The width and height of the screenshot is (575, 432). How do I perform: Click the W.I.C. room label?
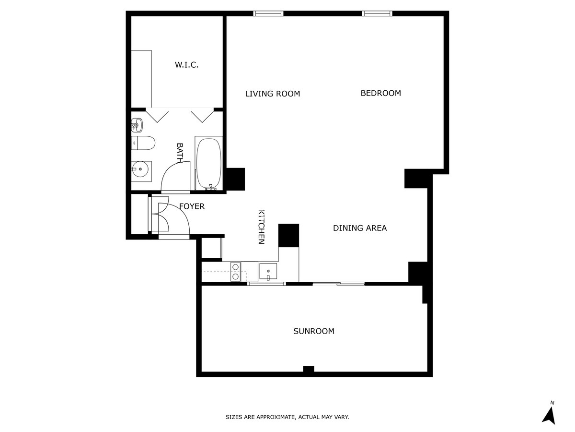pos(186,65)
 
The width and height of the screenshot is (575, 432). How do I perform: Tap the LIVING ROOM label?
pos(272,94)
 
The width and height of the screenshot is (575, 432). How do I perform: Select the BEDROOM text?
pos(380,93)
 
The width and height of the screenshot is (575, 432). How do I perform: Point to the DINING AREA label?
pos(359,228)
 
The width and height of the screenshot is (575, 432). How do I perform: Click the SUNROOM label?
pos(313,331)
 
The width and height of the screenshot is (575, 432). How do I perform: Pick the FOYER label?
pos(192,206)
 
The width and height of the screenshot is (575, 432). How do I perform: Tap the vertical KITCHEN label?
pos(261,227)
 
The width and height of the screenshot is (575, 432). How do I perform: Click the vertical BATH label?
pos(180,153)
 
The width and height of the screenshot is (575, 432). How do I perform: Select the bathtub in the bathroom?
pos(209,163)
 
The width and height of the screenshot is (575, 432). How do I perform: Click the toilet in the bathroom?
pos(144,143)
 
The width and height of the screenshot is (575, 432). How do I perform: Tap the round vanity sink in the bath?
pos(141,169)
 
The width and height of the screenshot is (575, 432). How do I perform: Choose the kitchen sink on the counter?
pos(268,271)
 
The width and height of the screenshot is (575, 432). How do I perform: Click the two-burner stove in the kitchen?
pos(235,271)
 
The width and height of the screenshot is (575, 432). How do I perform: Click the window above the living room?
pos(268,13)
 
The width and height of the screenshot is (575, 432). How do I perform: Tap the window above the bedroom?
pos(377,13)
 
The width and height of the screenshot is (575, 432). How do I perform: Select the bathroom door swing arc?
pos(172,175)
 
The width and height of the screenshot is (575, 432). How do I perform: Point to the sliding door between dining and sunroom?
pos(338,284)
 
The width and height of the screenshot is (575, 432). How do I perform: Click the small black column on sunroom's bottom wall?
pos(309,369)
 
